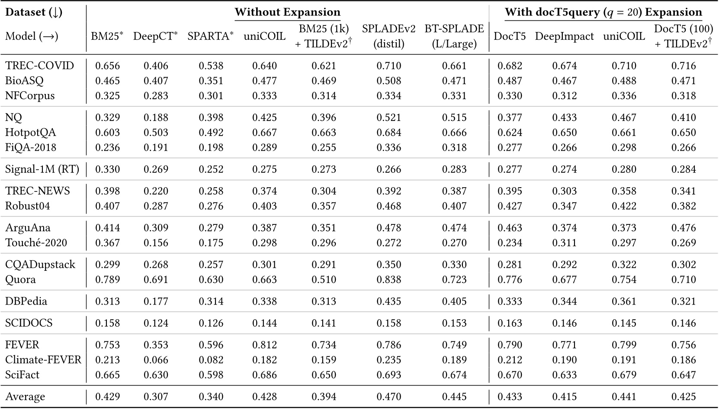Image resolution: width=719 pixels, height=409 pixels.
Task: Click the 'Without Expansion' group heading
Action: point(287,12)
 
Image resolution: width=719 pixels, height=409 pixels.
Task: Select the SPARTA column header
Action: point(210,36)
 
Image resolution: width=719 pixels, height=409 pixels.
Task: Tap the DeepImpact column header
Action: point(564,36)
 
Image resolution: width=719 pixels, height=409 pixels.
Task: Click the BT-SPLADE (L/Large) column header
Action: point(454,36)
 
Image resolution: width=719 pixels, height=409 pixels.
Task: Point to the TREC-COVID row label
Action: point(39,66)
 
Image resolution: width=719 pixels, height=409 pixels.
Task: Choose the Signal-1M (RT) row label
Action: point(42,169)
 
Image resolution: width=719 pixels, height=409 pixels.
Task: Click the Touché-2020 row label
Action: point(36,243)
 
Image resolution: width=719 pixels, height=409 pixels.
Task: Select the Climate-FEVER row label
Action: point(43,360)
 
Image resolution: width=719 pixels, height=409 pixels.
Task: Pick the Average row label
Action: point(25,397)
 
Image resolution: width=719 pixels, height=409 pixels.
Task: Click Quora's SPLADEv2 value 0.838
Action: point(388,279)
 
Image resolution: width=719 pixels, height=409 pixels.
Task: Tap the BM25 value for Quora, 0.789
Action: point(107,279)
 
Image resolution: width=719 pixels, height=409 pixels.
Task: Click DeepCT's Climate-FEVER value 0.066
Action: point(156,360)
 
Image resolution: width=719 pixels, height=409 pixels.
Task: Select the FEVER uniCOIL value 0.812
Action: point(264,345)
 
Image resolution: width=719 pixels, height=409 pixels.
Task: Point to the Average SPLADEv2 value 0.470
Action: point(388,397)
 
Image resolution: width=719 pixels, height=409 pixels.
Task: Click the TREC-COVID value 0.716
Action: point(684,66)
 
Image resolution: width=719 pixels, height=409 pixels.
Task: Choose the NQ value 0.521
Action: point(388,118)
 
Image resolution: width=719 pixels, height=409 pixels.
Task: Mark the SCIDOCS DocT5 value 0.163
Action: point(510,323)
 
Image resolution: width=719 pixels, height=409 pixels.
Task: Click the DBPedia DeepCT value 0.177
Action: point(156,302)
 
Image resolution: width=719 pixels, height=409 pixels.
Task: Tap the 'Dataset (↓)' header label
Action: point(34,12)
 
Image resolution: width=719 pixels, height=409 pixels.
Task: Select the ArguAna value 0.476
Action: point(684,228)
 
